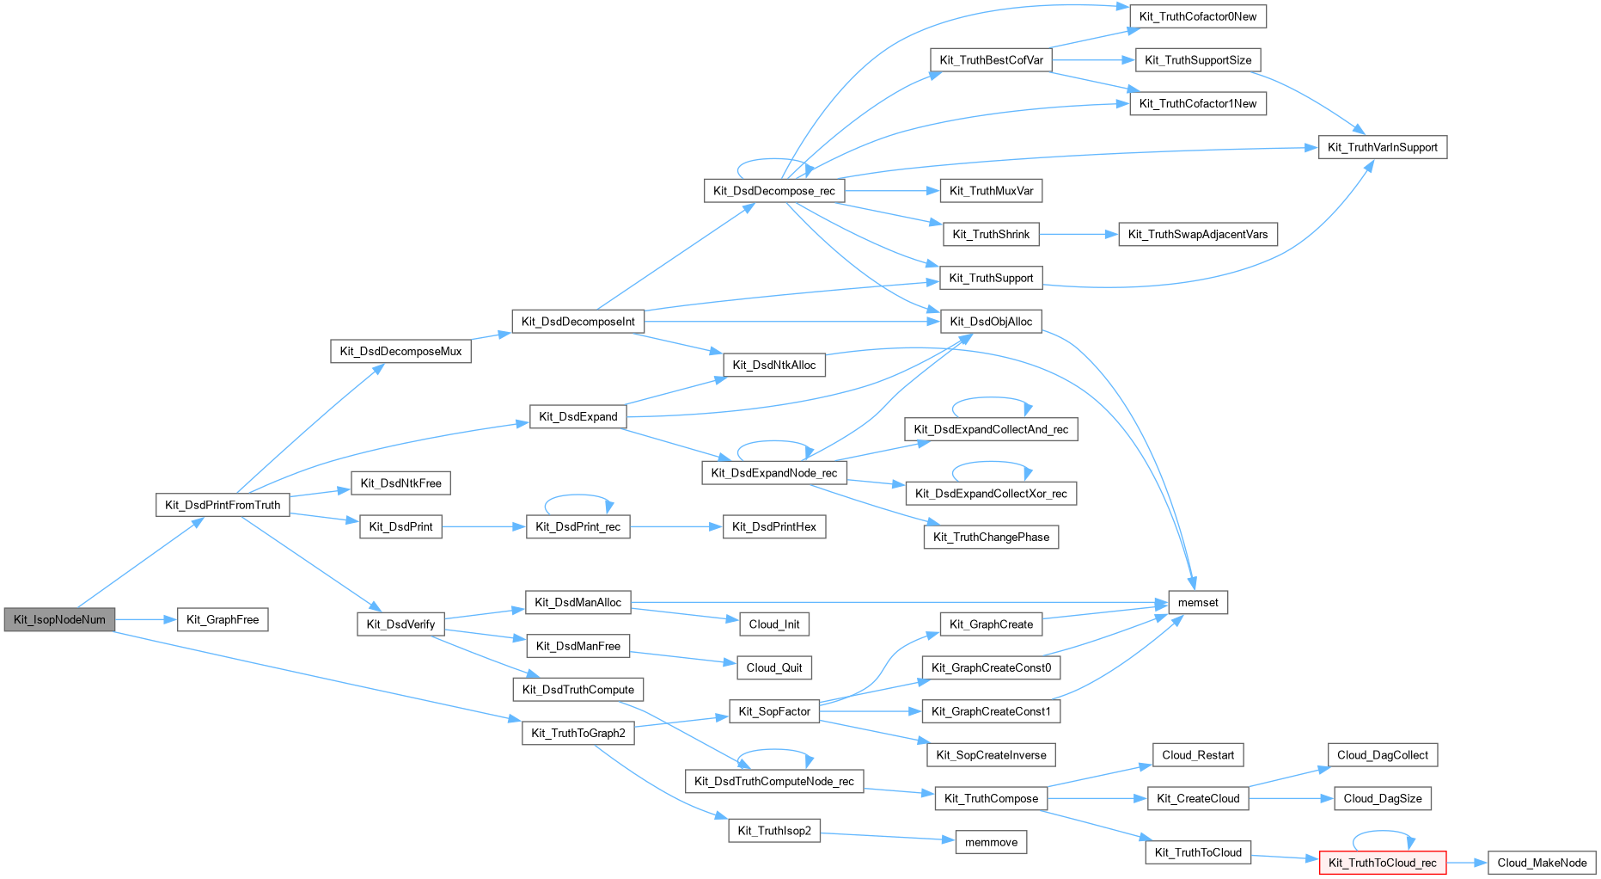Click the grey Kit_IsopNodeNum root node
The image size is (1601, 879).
59,619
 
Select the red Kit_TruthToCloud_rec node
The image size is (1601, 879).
1382,863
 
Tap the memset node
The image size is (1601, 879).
1198,603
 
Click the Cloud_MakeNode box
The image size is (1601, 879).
1542,863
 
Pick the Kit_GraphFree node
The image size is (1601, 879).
223,619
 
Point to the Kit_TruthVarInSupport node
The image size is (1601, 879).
1382,147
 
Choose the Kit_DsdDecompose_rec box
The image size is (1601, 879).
773,191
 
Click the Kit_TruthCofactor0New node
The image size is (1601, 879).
1197,16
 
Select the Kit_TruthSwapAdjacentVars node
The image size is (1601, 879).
1197,234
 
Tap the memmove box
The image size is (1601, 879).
991,842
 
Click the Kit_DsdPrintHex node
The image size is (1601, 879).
773,526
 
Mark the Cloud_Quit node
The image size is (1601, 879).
773,667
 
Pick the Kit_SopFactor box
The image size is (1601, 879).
773,711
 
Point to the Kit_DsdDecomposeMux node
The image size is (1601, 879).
400,351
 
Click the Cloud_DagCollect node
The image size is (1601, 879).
1382,755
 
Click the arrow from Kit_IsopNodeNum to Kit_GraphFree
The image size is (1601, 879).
146,619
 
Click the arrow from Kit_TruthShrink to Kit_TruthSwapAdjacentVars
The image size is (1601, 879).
1079,234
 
